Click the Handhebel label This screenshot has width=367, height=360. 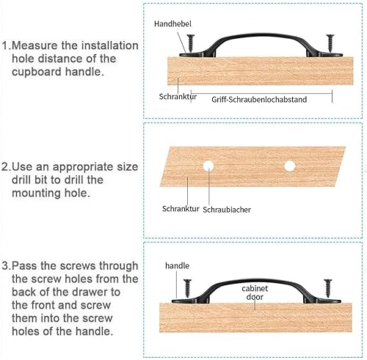(172, 23)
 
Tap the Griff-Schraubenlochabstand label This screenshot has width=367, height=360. (259, 100)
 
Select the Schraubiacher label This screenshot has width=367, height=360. (227, 210)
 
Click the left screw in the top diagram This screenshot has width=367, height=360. (190, 43)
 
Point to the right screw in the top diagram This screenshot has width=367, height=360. (330, 43)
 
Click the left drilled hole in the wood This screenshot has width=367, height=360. (208, 166)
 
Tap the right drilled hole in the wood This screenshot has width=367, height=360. (290, 166)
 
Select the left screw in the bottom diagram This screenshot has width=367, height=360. (188, 288)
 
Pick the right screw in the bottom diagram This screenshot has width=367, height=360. (328, 288)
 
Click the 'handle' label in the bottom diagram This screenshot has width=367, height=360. (177, 265)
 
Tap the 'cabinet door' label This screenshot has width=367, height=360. (255, 293)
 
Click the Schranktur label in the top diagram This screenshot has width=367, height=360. (178, 97)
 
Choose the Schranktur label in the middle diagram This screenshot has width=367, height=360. (181, 209)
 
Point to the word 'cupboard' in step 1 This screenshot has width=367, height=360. (37, 73)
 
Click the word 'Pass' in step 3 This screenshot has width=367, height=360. (24, 266)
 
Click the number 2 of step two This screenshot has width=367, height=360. (4, 167)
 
